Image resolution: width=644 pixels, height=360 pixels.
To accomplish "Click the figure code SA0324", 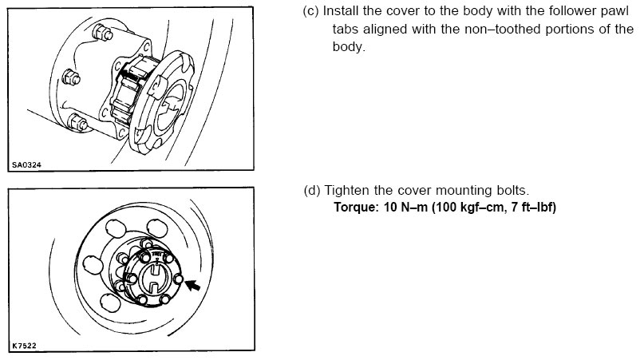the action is pos(26,164).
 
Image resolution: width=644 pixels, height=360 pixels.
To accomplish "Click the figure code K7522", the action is pos(24,346).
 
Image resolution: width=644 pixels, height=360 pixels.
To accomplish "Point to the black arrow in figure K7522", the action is pos(193,284).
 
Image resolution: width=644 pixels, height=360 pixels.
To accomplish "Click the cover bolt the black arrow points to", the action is pos(178,279).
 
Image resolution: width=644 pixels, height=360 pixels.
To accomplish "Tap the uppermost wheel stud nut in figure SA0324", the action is pos(103,33).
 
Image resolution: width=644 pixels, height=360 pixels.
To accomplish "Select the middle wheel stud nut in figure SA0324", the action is pos(71,77).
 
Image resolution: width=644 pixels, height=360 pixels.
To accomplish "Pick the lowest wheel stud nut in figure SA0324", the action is pos(77,122).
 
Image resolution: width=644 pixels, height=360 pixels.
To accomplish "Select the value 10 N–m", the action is pos(405,207).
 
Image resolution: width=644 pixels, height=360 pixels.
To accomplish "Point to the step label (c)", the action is pos(311,11).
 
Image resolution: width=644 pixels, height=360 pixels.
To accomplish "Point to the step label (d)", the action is pos(312,191).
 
